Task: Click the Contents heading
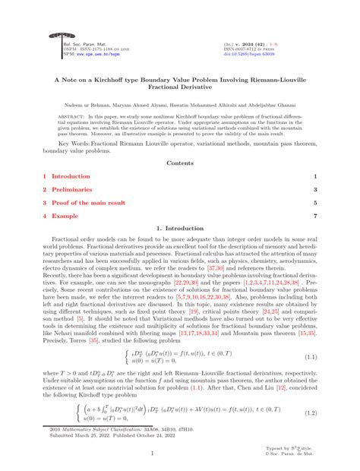coord(180,162)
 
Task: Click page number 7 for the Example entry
coord(315,217)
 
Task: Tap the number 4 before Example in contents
coord(45,217)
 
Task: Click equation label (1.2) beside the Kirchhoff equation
coord(309,413)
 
